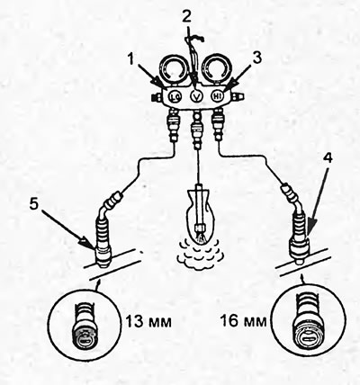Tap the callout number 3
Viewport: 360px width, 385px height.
pyautogui.click(x=257, y=58)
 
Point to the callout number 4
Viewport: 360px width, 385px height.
pyautogui.click(x=328, y=158)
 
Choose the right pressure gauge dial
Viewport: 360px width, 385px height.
pyautogui.click(x=215, y=71)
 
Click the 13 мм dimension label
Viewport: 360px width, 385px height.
pyautogui.click(x=148, y=322)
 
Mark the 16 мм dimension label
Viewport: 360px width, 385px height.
pyautogui.click(x=244, y=321)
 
